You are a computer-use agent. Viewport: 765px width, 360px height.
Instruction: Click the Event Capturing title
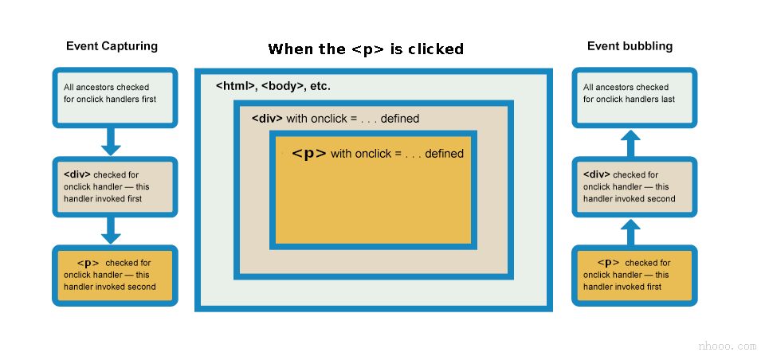112,46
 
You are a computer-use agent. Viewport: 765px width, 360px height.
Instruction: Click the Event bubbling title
630,46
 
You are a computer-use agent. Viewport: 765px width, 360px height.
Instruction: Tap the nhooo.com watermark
727,346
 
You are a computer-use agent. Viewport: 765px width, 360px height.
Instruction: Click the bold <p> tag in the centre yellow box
309,154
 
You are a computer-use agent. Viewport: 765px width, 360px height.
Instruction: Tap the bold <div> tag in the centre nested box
267,119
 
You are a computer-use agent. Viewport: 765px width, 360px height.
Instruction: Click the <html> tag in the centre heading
237,85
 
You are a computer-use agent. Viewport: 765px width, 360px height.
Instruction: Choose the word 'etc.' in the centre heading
319,85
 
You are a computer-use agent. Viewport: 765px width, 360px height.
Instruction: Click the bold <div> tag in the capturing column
76,174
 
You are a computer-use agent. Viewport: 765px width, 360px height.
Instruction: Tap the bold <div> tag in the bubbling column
596,174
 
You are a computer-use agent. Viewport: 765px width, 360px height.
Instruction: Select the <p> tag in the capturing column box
88,262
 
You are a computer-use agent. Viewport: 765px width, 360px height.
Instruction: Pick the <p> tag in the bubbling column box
608,262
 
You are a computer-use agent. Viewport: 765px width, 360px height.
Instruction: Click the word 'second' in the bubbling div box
661,199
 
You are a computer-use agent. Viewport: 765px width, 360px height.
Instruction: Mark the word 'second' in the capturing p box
142,287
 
